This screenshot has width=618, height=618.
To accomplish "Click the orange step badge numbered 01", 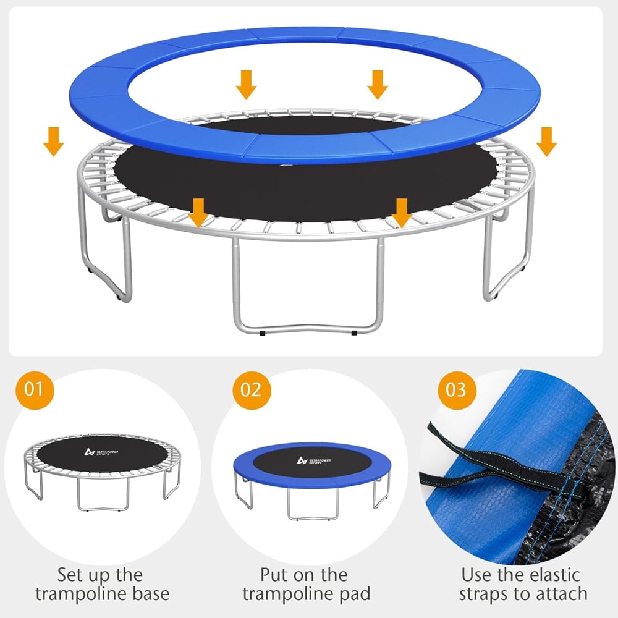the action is [35, 390].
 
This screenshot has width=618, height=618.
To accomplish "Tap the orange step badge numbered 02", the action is [252, 390].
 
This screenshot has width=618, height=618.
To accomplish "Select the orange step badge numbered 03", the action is [457, 390].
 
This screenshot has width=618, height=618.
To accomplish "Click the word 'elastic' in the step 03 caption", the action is [555, 575].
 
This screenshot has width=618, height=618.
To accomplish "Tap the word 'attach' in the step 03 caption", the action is [561, 594].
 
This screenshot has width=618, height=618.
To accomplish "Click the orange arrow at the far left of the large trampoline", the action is [53, 142].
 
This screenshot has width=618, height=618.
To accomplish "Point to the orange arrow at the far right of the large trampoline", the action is [547, 142].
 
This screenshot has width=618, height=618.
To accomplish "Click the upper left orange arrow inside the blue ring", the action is [247, 85].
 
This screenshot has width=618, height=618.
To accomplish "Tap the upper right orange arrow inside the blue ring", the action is [378, 85].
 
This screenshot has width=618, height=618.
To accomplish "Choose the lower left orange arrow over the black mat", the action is [198, 213].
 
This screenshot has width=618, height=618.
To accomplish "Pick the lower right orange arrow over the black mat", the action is [402, 213].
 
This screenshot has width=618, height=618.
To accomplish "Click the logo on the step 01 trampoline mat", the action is [101, 452].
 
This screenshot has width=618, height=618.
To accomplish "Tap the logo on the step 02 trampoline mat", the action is [314, 460].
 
